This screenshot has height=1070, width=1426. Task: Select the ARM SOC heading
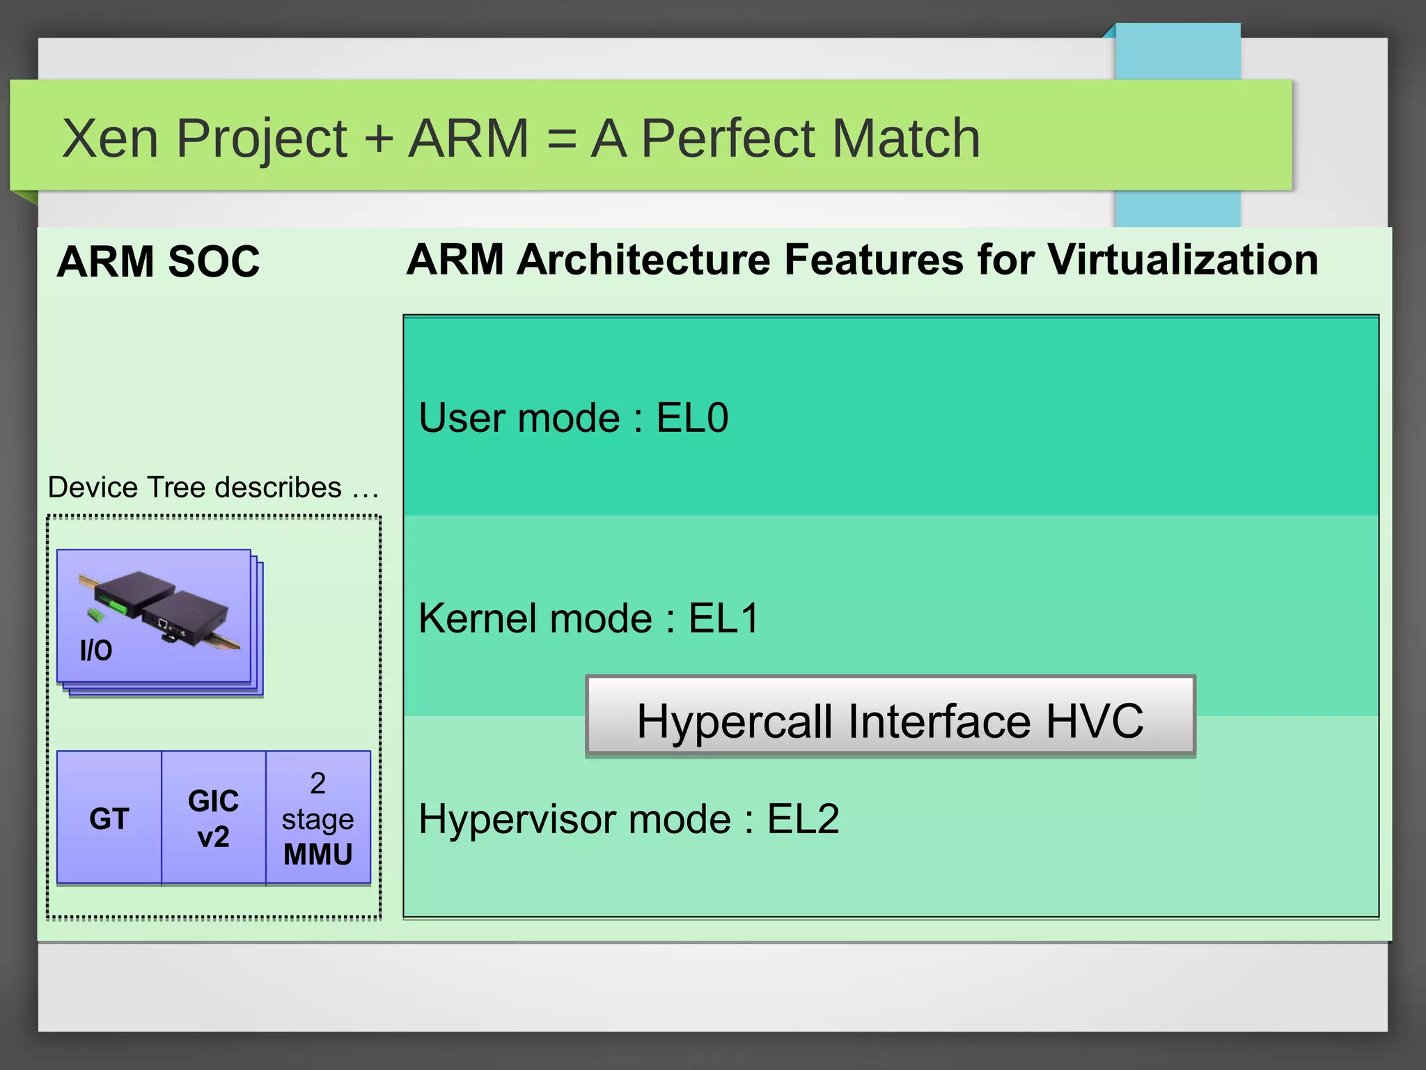pos(158,262)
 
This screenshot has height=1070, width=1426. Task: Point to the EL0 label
pos(692,418)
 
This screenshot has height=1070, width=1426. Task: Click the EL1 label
pos(723,619)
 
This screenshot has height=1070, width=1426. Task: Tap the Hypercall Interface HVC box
pos(890,718)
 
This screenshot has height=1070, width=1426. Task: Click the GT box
pos(109,819)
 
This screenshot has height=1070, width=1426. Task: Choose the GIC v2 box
pos(213,819)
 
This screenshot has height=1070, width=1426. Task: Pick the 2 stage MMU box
pos(318,819)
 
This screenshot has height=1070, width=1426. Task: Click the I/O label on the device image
pos(96,651)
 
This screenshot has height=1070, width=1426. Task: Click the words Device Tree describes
pos(195,488)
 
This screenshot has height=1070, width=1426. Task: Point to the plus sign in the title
pos(379,139)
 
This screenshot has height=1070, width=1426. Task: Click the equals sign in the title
pos(561,139)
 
